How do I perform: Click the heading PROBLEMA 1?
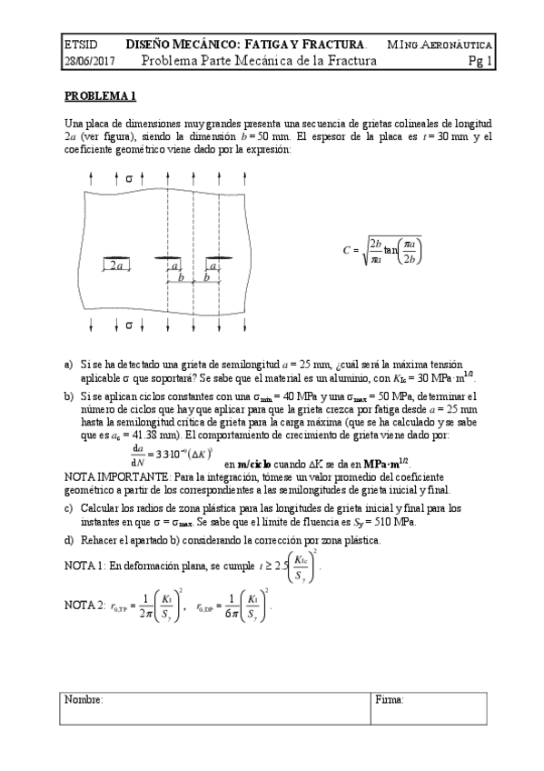[99, 95]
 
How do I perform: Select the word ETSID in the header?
[80, 45]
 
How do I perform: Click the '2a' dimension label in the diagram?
[115, 266]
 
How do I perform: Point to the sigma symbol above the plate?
[128, 176]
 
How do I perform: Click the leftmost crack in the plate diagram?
[116, 259]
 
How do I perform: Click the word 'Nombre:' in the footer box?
[84, 699]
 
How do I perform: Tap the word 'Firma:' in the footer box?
[391, 699]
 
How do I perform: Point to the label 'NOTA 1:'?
[84, 566]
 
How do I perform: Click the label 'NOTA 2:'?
[84, 605]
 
